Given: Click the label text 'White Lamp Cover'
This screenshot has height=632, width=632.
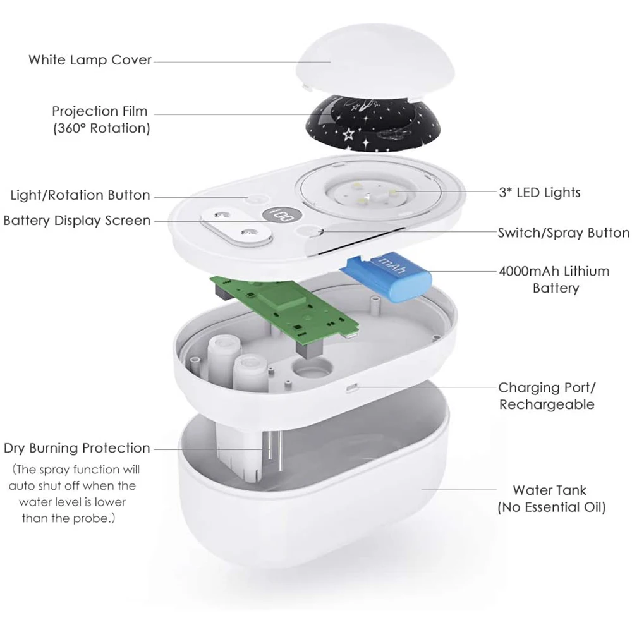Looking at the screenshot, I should click(90, 60).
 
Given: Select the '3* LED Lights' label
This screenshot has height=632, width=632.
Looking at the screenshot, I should click(540, 191).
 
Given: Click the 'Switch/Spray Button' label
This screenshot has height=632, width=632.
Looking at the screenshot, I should click(564, 233).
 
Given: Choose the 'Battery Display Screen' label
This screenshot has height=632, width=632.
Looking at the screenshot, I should click(77, 221).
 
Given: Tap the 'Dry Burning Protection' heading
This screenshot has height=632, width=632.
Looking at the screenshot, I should click(77, 448).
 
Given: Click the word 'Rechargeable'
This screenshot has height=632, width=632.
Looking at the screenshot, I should click(547, 404).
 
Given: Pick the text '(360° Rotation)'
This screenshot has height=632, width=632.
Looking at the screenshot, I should click(101, 128).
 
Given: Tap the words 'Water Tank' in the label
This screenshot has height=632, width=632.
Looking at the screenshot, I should click(549, 490).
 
